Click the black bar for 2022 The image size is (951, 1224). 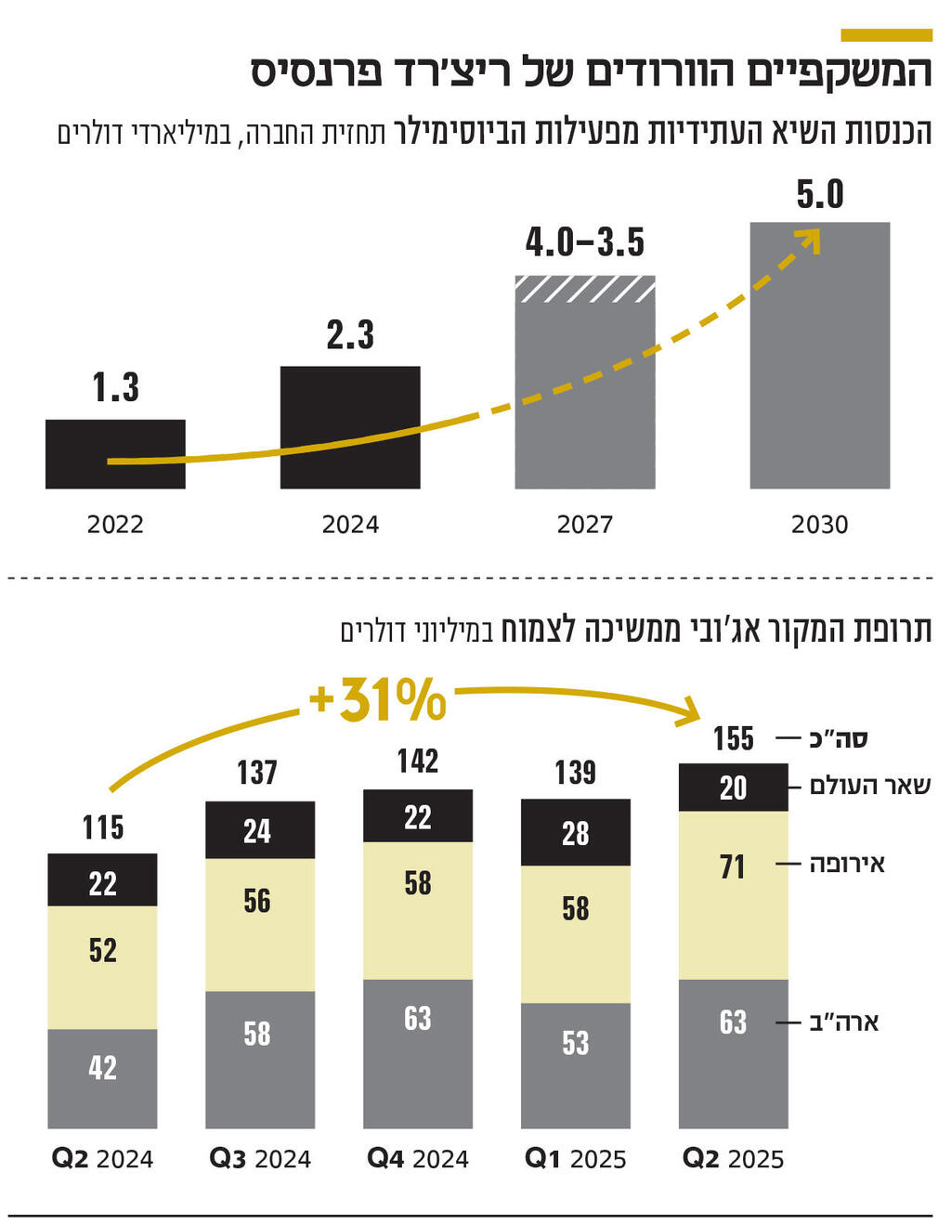[x=115, y=453]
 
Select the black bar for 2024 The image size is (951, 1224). [x=350, y=427]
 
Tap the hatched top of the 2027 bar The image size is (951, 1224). [x=585, y=289]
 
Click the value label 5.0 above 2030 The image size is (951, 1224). [x=820, y=195]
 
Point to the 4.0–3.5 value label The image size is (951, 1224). [x=585, y=243]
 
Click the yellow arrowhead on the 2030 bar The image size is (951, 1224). [x=810, y=239]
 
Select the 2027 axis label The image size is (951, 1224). [x=585, y=525]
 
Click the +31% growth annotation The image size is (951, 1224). [x=378, y=699]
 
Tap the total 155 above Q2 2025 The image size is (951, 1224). [x=734, y=739]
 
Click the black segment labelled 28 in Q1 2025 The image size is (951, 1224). [x=576, y=833]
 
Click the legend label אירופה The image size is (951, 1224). [x=847, y=865]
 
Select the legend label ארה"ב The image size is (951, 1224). [x=844, y=1022]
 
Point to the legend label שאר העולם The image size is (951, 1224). [x=869, y=786]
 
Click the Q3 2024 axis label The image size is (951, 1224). [x=260, y=1159]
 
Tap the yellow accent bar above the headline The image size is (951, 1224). [x=886, y=35]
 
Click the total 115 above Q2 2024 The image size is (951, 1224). [x=102, y=827]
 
